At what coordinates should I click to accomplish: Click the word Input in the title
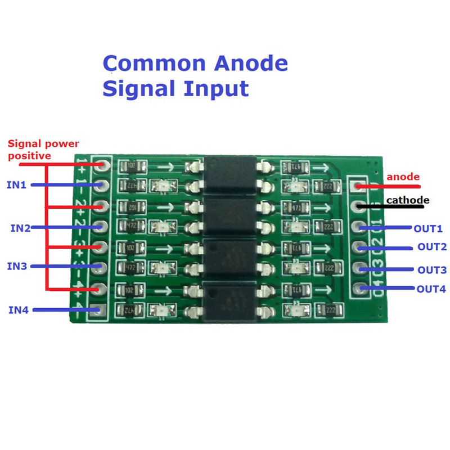[217, 89]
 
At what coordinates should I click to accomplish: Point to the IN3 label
[16, 266]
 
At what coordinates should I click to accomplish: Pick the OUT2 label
[431, 247]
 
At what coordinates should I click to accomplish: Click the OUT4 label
[431, 289]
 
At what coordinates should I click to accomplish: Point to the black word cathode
[408, 200]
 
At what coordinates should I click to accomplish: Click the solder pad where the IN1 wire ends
[102, 185]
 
